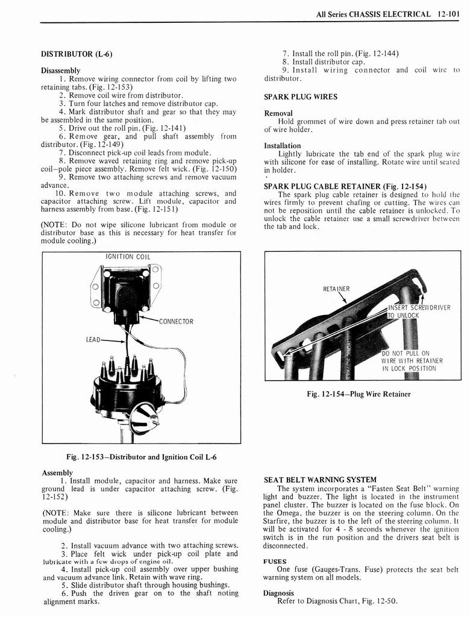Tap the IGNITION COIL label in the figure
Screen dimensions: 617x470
pyautogui.click(x=128, y=257)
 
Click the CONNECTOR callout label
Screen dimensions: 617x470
pyautogui.click(x=176, y=321)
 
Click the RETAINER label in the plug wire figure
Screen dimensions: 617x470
pyautogui.click(x=336, y=289)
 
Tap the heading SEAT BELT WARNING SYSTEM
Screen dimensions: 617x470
pyautogui.click(x=320, y=480)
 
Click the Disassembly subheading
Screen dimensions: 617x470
pyautogui.click(x=60, y=70)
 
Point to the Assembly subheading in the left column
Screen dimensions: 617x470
pyautogui.click(x=57, y=472)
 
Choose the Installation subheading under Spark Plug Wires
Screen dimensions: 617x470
pyautogui.click(x=283, y=146)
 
